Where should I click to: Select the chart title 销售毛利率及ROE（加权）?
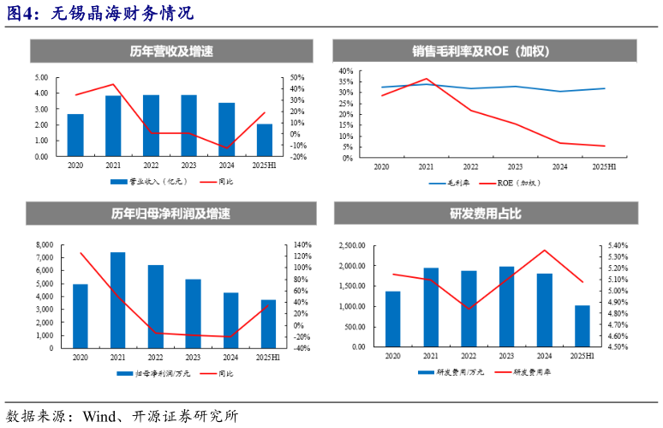click(486, 51)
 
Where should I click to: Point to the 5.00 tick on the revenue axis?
click(41, 78)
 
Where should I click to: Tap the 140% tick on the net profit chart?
click(300, 245)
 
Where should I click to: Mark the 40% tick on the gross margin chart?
click(347, 71)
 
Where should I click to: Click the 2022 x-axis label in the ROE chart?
click(470, 166)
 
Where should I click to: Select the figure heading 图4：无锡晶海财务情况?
click(100, 14)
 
